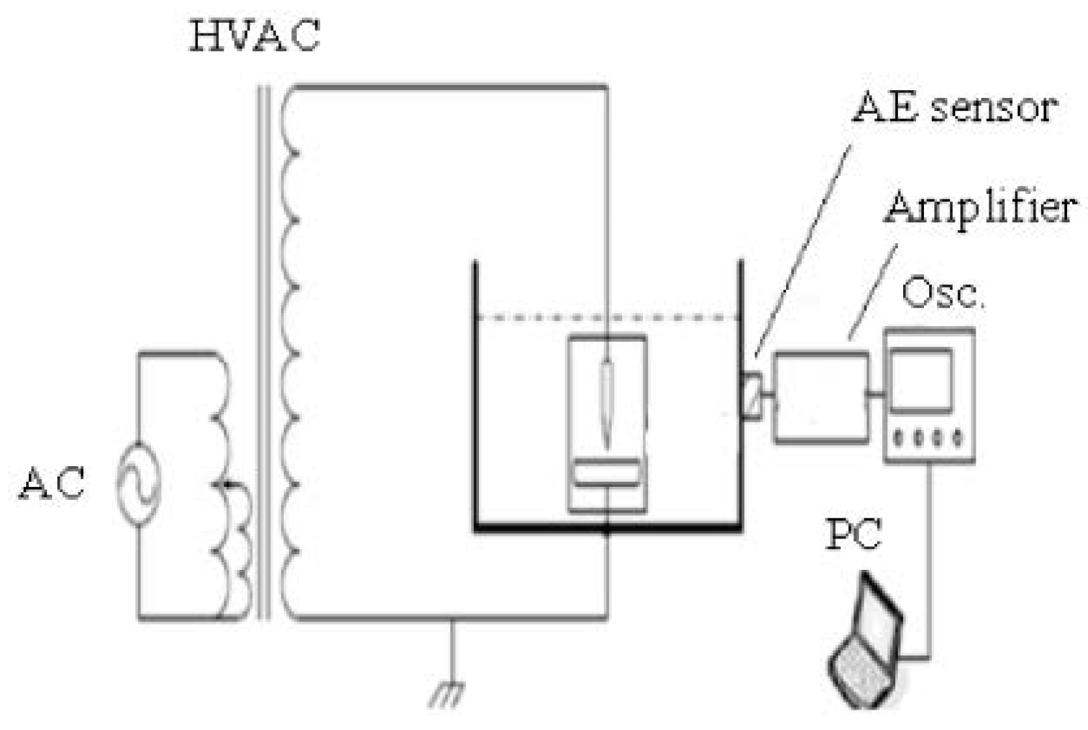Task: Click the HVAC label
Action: click(x=255, y=36)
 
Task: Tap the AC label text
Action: click(x=52, y=484)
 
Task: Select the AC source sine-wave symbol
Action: click(x=139, y=484)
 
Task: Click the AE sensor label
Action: click(x=955, y=108)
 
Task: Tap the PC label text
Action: click(x=853, y=535)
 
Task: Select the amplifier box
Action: click(x=821, y=398)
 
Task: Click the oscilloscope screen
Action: click(x=921, y=380)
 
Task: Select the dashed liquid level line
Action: click(x=608, y=318)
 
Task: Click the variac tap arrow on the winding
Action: click(x=225, y=484)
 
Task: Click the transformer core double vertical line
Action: click(x=264, y=353)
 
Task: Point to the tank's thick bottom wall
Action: click(x=608, y=527)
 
